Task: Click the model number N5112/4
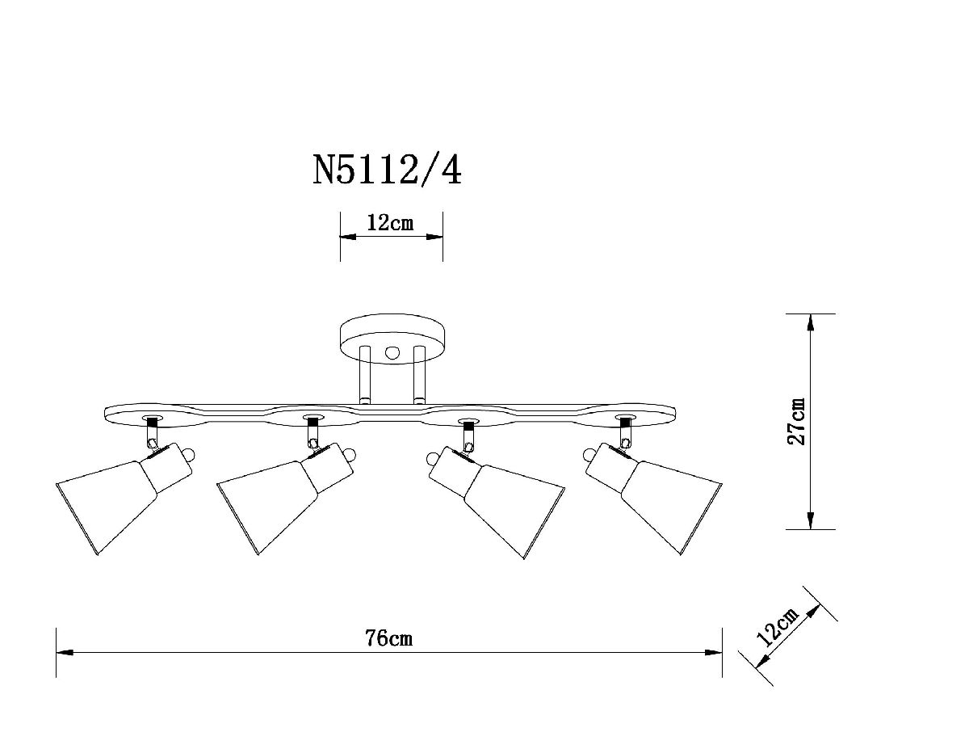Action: [x=388, y=170]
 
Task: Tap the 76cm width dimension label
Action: [x=388, y=638]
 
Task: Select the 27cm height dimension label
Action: [x=798, y=421]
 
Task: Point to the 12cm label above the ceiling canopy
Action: [x=390, y=223]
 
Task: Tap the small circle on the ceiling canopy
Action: [x=392, y=352]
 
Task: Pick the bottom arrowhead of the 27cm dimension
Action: [x=810, y=520]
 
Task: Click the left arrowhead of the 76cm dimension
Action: [x=65, y=651]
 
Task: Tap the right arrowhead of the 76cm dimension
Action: [x=713, y=651]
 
